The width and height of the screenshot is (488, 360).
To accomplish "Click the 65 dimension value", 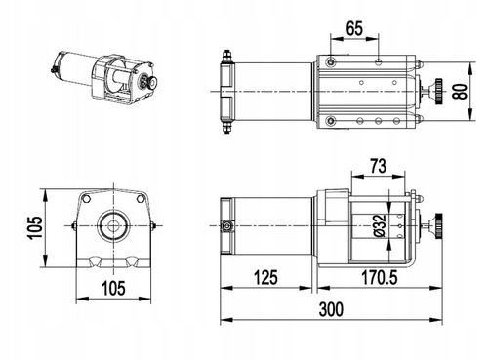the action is [x=354, y=28].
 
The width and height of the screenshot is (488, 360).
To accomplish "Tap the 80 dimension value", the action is [x=461, y=92].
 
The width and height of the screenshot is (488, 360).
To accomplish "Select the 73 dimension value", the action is [x=378, y=166].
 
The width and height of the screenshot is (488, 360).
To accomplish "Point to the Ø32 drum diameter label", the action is [x=380, y=225].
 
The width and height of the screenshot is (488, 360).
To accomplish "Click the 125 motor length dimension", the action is [x=265, y=277].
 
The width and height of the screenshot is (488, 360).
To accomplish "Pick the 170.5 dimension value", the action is [x=380, y=278].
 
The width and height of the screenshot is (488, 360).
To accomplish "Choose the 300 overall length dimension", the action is [x=331, y=309].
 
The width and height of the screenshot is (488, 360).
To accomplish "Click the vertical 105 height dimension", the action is [x=35, y=227].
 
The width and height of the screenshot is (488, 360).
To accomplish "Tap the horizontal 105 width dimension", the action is [x=113, y=288].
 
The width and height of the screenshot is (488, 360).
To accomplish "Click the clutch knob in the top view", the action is [x=438, y=92].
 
